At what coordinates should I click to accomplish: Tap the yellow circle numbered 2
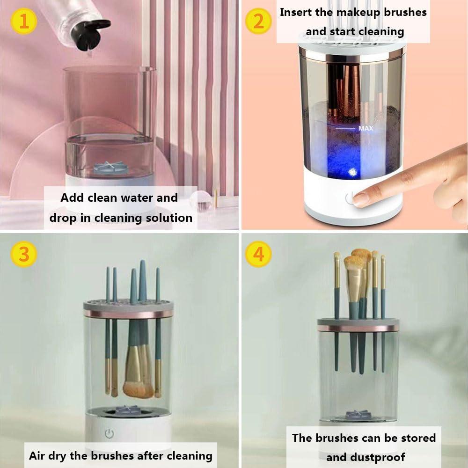coord(258,21)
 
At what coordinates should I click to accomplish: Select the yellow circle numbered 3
coord(23,255)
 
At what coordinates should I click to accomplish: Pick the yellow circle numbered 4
coord(258,255)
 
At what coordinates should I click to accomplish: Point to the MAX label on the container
coord(366,128)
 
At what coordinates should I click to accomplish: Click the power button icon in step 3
coord(109,434)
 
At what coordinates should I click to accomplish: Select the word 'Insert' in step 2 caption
coord(296,12)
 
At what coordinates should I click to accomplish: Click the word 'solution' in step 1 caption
coord(169,218)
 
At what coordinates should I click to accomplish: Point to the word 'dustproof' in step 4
coord(366,457)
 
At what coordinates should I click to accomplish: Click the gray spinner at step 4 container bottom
coord(358,415)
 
